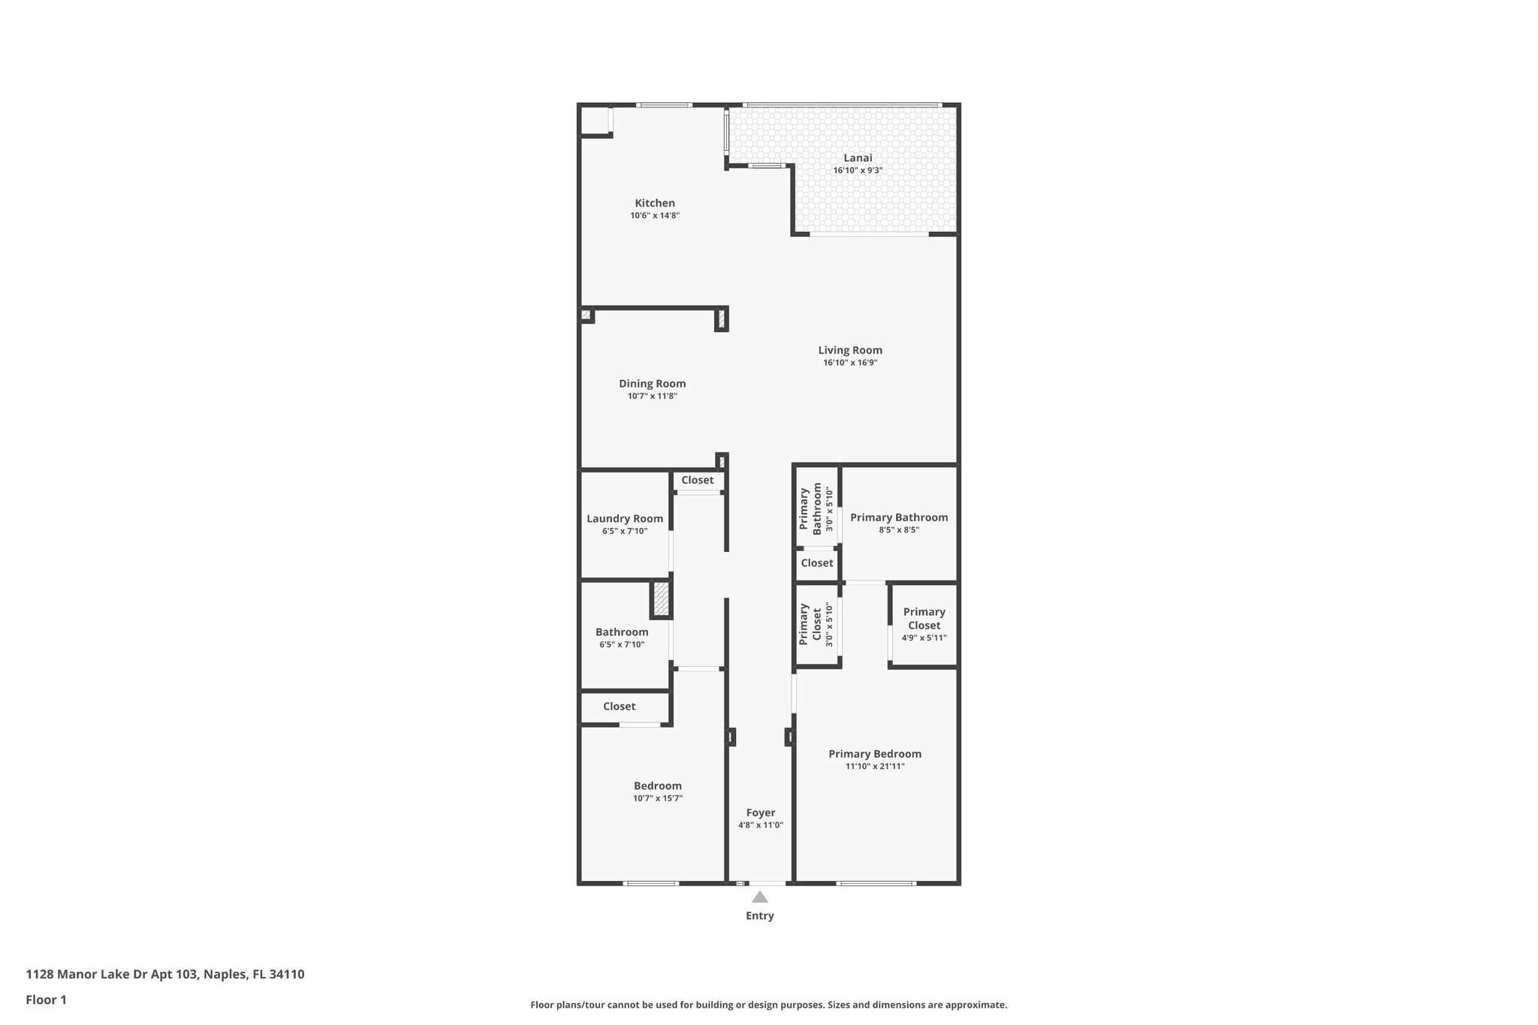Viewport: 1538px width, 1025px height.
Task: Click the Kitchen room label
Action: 655,203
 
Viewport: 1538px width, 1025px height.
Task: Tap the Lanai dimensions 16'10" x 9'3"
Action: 858,170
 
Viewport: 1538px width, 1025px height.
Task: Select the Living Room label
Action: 850,350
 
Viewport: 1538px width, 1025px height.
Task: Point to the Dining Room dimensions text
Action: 653,396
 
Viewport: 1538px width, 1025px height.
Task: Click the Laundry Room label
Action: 625,518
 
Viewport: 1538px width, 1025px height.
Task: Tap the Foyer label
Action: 761,812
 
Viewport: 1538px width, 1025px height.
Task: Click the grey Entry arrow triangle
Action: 760,897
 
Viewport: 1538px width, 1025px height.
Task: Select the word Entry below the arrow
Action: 760,915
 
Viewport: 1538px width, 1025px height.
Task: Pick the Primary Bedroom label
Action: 875,754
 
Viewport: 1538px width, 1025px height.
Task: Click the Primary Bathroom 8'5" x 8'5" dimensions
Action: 899,529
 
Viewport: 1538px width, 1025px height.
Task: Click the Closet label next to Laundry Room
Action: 698,480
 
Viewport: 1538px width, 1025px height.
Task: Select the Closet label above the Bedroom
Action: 620,707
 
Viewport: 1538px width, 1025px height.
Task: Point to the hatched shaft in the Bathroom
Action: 661,599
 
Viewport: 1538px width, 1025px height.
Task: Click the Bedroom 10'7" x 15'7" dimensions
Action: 658,798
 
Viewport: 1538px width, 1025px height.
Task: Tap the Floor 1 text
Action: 47,999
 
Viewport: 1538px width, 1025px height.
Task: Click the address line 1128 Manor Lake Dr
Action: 165,975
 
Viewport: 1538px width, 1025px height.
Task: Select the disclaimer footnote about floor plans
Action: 768,1005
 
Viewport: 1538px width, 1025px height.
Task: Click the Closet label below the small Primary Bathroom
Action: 817,562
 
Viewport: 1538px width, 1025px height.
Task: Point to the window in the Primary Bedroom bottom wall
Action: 876,883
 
